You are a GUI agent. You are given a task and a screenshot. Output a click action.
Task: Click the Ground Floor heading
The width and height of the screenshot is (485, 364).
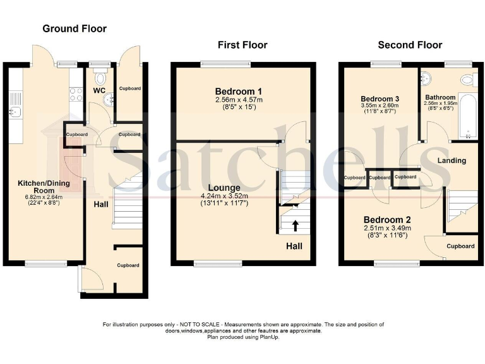[x=74, y=28]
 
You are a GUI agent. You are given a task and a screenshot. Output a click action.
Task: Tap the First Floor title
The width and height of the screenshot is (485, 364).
[x=242, y=45]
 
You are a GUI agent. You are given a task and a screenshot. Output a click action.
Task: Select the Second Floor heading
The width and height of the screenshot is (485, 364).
[x=410, y=45]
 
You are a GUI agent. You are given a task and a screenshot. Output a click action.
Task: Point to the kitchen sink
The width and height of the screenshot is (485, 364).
[x=15, y=111]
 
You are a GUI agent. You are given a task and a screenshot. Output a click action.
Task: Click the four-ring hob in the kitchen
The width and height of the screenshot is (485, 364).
[x=76, y=95]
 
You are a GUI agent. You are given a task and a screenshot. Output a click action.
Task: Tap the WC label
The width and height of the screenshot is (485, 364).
[x=99, y=90]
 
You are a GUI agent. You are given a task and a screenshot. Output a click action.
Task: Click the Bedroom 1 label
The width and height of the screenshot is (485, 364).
[x=242, y=91]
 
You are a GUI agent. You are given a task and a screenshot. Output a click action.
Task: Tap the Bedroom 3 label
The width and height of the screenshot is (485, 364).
[x=380, y=99]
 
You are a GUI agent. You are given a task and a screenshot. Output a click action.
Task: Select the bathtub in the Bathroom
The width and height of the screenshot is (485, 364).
[x=468, y=117]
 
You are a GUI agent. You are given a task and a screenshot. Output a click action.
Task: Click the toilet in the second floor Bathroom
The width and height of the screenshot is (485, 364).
[x=467, y=80]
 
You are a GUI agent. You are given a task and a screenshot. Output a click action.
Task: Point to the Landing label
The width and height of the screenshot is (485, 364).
[x=452, y=161]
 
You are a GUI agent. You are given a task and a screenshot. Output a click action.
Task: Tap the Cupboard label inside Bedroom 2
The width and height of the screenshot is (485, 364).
[x=460, y=246]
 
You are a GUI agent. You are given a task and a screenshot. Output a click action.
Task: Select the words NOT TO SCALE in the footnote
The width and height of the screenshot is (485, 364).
[x=195, y=324]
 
